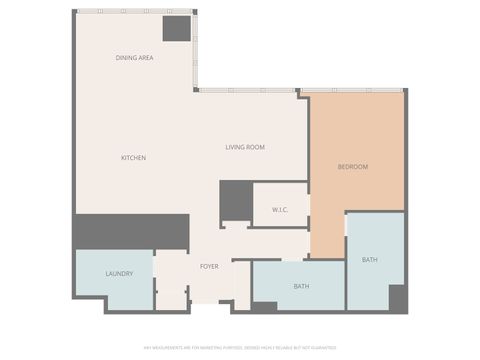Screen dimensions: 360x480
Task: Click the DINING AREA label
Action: [134, 58]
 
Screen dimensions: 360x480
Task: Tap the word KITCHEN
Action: [134, 158]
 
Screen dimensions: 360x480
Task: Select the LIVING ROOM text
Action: [244, 148]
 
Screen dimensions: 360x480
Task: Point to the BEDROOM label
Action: [352, 166]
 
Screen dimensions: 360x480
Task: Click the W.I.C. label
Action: [280, 209]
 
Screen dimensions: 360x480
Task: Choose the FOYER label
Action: [209, 266]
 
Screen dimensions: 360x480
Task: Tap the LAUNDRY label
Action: [119, 273]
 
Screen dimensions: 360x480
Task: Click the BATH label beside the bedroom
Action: [370, 260]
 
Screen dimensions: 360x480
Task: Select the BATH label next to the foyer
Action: [301, 286]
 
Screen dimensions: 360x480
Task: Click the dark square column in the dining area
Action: [177, 28]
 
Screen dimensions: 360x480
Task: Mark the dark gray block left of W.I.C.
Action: [235, 200]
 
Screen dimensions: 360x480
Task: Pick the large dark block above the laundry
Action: [131, 231]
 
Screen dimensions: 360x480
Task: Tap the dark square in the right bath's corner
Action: [396, 298]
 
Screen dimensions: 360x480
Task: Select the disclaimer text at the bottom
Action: [239, 348]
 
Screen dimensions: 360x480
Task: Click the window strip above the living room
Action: [250, 91]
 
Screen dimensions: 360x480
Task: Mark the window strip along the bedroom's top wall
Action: [355, 93]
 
